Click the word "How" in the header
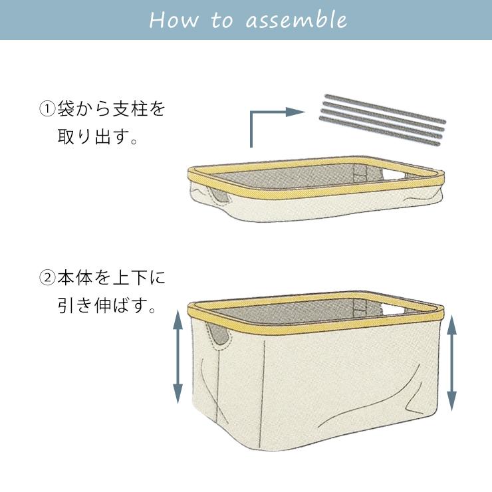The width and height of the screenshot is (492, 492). [x=174, y=19]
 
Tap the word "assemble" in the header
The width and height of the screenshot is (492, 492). [x=296, y=19]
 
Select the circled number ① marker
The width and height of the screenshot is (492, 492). [x=47, y=108]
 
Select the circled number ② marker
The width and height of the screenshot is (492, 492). [x=47, y=277]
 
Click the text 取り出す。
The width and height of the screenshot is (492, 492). [x=98, y=139]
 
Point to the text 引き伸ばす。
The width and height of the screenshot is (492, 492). [x=106, y=308]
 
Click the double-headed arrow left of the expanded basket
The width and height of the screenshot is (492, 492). [x=178, y=355]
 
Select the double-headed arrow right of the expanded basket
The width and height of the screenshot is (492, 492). [x=452, y=362]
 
